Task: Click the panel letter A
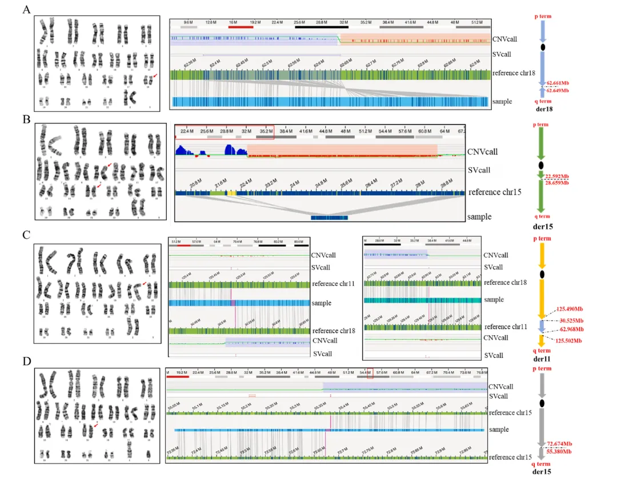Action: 26,10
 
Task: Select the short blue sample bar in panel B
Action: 329,218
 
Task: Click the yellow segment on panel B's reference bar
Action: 232,194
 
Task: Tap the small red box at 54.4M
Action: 370,375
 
